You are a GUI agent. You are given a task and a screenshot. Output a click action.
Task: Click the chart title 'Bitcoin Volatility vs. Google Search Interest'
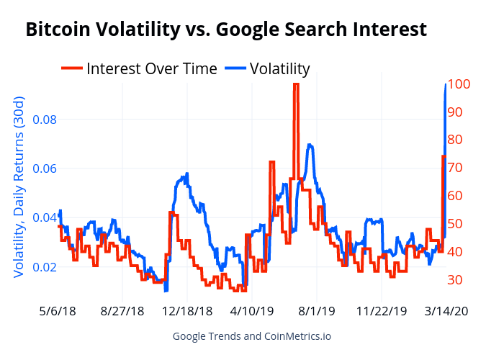(x=226, y=30)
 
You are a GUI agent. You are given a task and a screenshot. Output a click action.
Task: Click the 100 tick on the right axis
(x=459, y=84)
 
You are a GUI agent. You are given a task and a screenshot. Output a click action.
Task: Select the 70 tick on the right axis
(x=456, y=168)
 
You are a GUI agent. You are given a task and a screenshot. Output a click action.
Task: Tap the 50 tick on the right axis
(x=456, y=224)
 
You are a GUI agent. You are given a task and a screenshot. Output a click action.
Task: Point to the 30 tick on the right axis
(x=456, y=280)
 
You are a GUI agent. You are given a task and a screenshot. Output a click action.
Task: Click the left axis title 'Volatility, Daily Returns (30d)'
(x=19, y=189)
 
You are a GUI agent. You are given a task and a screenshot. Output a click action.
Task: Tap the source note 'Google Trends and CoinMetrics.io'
(x=252, y=336)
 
